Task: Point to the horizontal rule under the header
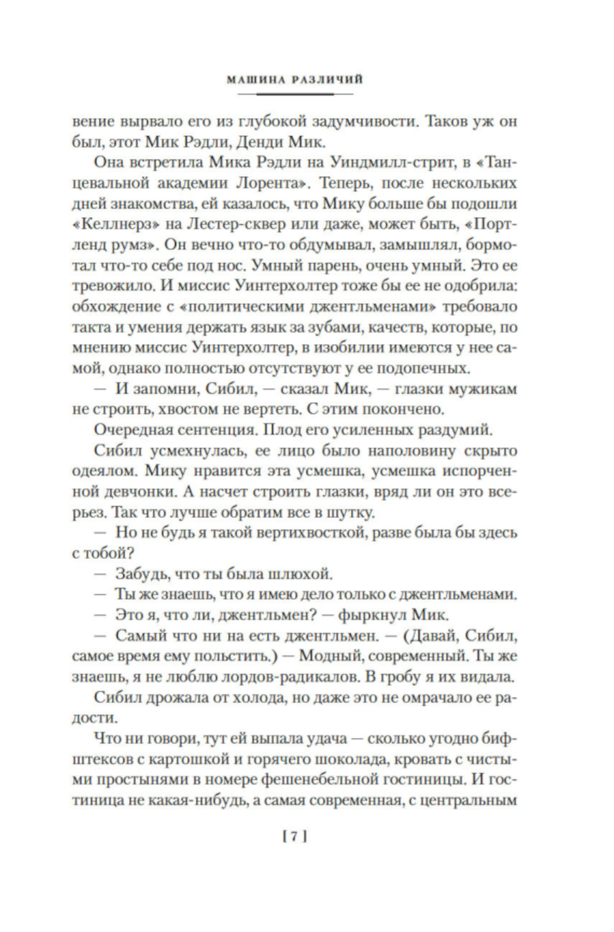[295, 94]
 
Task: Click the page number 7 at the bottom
[295, 837]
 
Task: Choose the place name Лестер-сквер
[229, 224]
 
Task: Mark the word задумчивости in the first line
[348, 121]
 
